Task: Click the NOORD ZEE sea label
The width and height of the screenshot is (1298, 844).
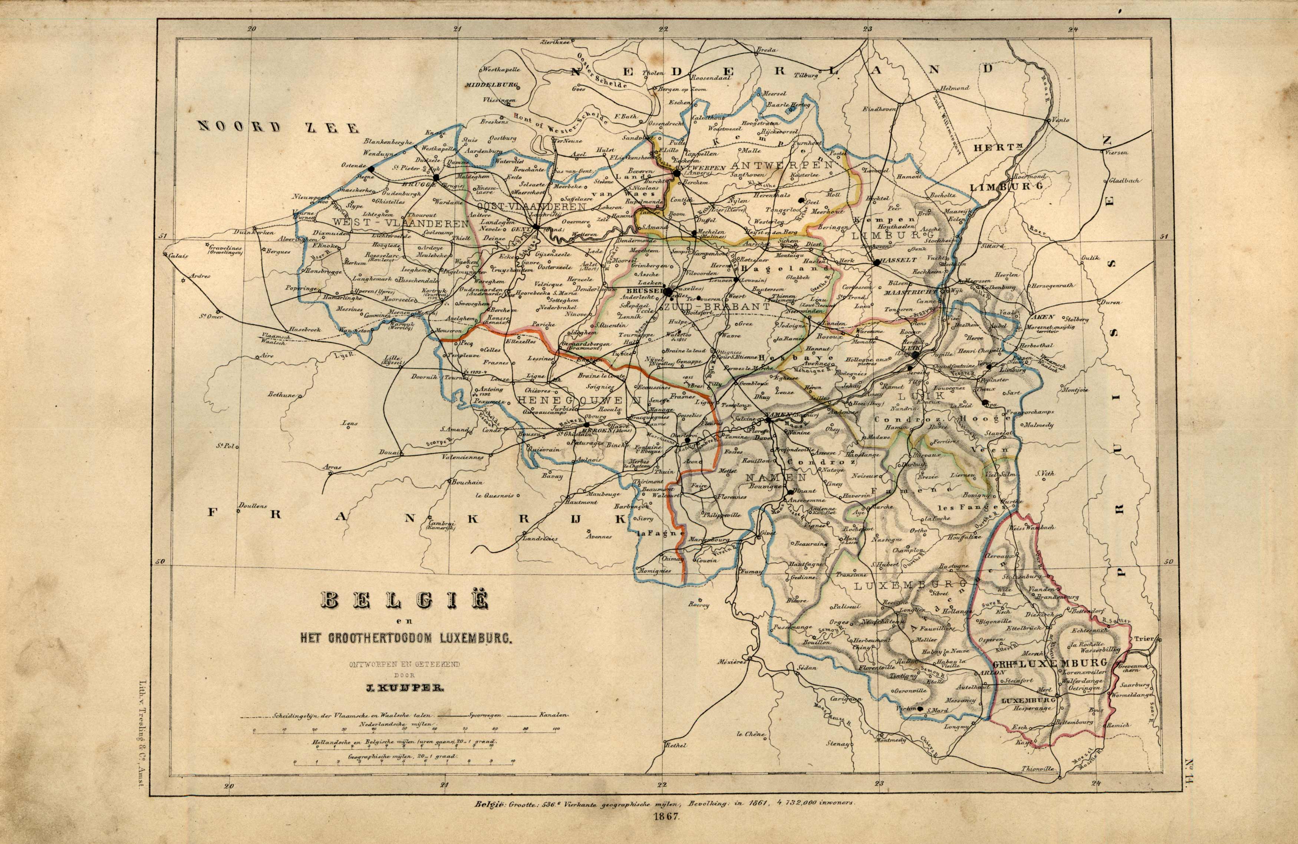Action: [x=278, y=127]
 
